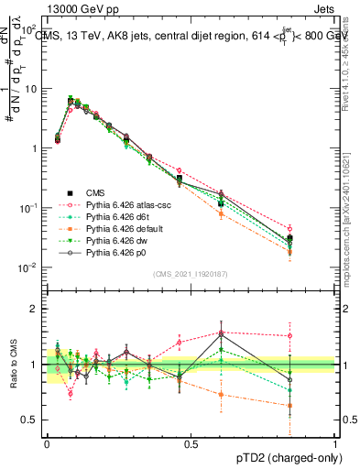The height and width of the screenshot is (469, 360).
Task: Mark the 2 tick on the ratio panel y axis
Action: coord(36,309)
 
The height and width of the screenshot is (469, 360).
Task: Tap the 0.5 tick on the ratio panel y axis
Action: coord(33,420)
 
